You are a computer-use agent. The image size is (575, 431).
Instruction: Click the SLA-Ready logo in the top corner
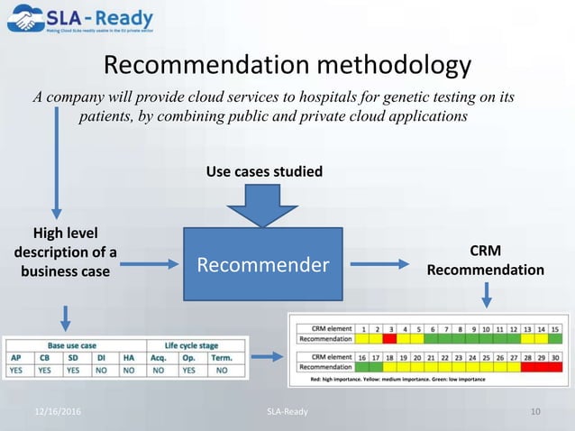pyautogui.click(x=79, y=21)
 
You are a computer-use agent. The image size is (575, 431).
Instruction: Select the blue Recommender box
pyautogui.click(x=263, y=264)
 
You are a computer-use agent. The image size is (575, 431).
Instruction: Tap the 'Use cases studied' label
pyautogui.click(x=263, y=171)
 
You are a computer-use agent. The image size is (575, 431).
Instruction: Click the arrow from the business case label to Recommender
pyautogui.click(x=149, y=264)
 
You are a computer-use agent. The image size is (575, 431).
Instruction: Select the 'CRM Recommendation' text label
pyautogui.click(x=486, y=261)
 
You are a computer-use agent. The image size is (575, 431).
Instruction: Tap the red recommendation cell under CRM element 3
pyautogui.click(x=389, y=339)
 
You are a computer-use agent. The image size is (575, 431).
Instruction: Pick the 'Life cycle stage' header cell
pyautogui.click(x=189, y=345)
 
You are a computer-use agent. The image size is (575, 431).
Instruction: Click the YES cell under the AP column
pyautogui.click(x=15, y=370)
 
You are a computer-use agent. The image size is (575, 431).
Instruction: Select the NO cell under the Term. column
pyautogui.click(x=222, y=370)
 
